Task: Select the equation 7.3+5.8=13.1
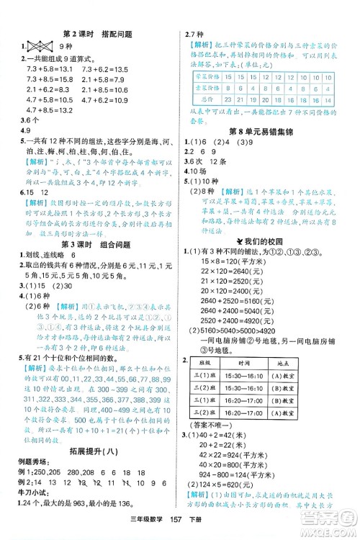42,68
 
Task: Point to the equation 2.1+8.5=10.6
42,89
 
